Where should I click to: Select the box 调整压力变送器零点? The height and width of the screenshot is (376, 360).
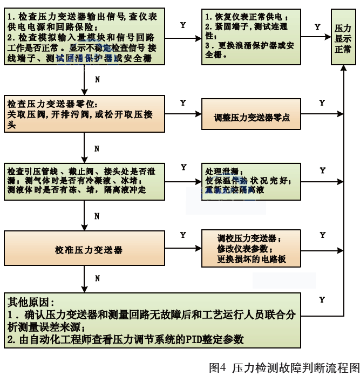point(252,117)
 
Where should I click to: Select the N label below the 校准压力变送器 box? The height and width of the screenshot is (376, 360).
point(97,279)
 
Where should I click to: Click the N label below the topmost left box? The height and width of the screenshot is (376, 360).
point(97,79)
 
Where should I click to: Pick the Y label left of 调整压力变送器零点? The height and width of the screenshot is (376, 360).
point(183,102)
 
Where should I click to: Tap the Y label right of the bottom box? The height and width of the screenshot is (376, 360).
point(322,299)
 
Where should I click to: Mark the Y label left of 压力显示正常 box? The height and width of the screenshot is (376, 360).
point(317,26)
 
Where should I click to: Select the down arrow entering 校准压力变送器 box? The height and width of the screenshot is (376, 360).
point(85,227)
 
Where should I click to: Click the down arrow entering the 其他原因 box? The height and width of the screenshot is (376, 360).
point(85,289)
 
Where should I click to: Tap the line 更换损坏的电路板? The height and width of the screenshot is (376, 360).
point(252,259)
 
